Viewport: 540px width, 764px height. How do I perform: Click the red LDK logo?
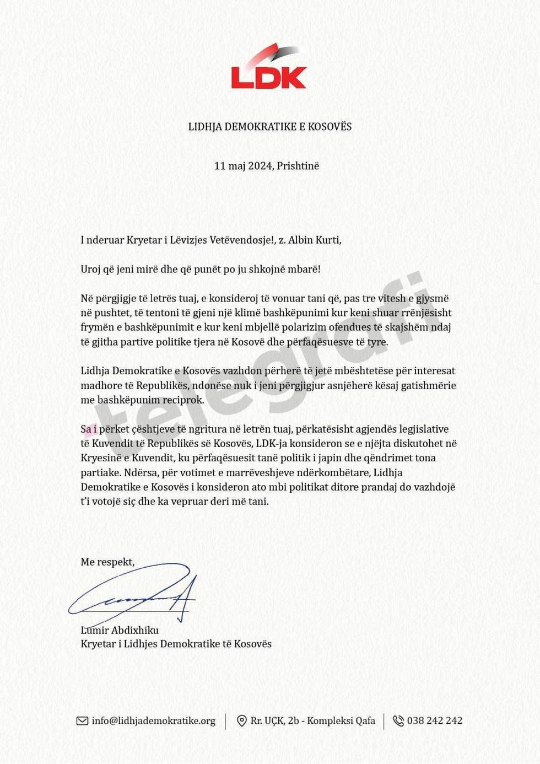pyautogui.click(x=269, y=69)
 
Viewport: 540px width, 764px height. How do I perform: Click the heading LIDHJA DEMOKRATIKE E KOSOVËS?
pyautogui.click(x=269, y=126)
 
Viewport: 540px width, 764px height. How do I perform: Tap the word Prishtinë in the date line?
pyautogui.click(x=298, y=166)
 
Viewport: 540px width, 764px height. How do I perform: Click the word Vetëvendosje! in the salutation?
pyautogui.click(x=242, y=240)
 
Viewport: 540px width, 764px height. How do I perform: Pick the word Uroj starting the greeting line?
pyautogui.click(x=91, y=270)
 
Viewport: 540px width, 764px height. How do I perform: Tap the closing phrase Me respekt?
pyautogui.click(x=107, y=562)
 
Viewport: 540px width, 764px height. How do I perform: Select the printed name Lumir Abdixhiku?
pyautogui.click(x=120, y=630)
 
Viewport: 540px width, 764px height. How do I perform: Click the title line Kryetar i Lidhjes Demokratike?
pyautogui.click(x=176, y=644)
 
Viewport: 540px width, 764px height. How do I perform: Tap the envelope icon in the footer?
pyautogui.click(x=82, y=721)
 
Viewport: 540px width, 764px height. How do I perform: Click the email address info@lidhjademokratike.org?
pyautogui.click(x=154, y=721)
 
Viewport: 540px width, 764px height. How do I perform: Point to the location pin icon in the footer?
pyautogui.click(x=241, y=721)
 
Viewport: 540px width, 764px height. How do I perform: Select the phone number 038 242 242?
pyautogui.click(x=435, y=721)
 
